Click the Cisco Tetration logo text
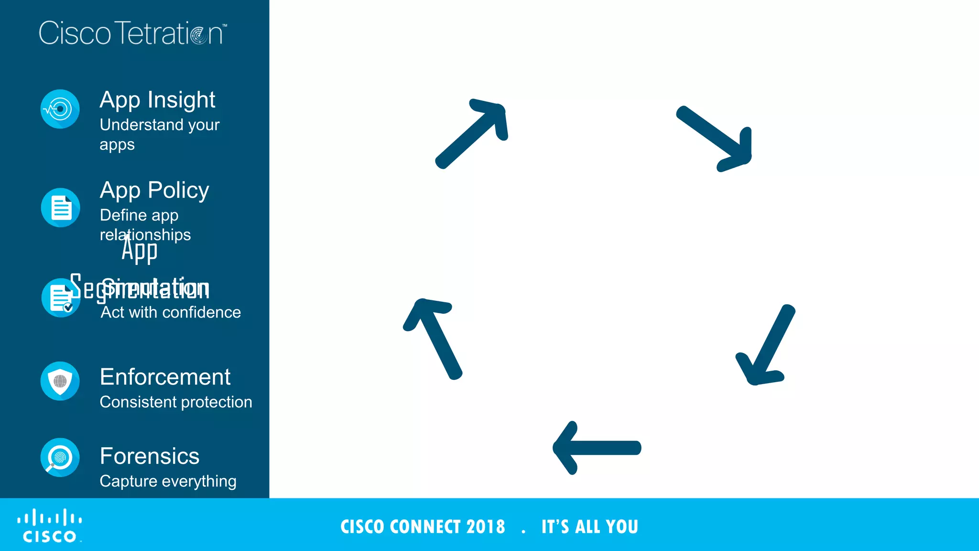[132, 33]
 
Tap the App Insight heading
[157, 100]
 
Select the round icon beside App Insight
[60, 109]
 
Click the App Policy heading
[154, 190]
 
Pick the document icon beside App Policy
[60, 208]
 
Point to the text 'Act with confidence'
[171, 312]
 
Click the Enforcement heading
[165, 377]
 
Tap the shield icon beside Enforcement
[60, 381]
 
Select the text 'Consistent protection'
[175, 402]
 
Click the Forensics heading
[150, 456]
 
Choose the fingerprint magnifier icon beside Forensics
[60, 458]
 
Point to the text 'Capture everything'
[168, 481]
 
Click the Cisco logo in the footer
[50, 526]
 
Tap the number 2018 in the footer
[486, 527]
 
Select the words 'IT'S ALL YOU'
[589, 527]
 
